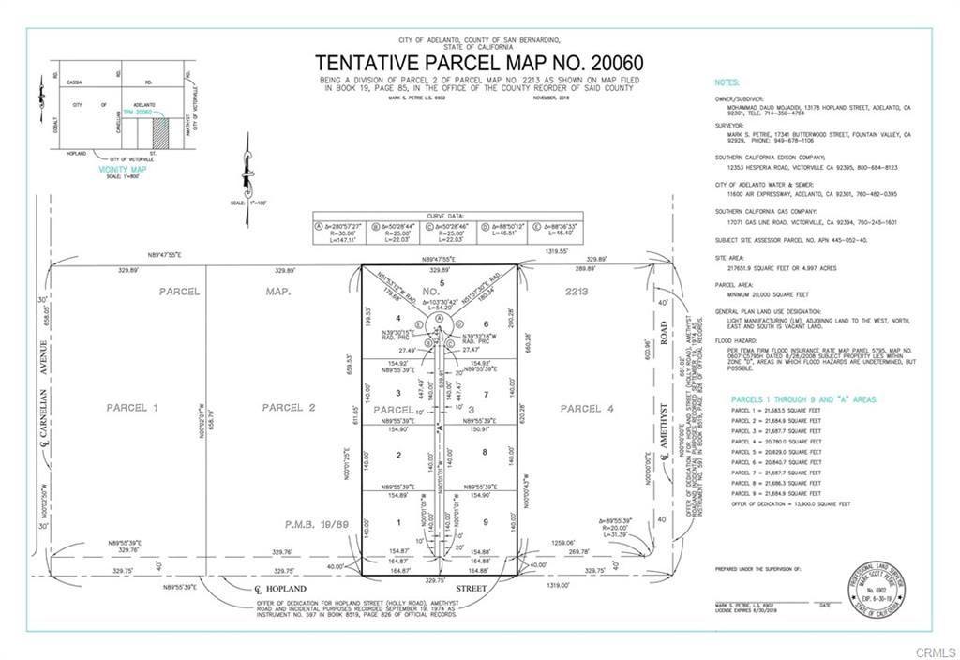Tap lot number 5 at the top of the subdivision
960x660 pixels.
[x=442, y=282]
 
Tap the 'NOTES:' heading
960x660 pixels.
[x=727, y=83]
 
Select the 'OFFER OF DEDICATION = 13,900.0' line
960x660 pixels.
[x=791, y=503]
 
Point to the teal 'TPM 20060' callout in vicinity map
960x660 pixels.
[x=137, y=112]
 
